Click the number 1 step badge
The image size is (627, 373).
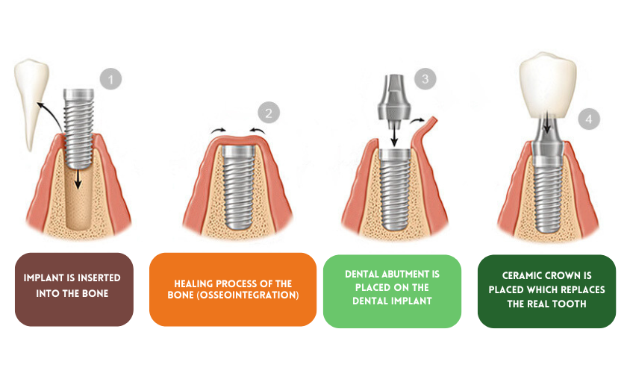click(x=110, y=78)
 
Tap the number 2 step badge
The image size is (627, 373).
click(x=269, y=113)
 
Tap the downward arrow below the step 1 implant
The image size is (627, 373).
click(x=78, y=178)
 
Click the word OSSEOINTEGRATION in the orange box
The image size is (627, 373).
click(x=251, y=295)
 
